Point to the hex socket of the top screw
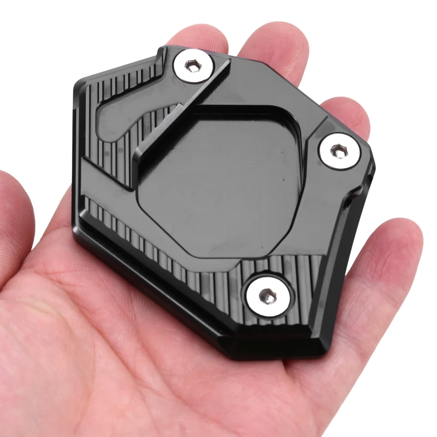point(192,67)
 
